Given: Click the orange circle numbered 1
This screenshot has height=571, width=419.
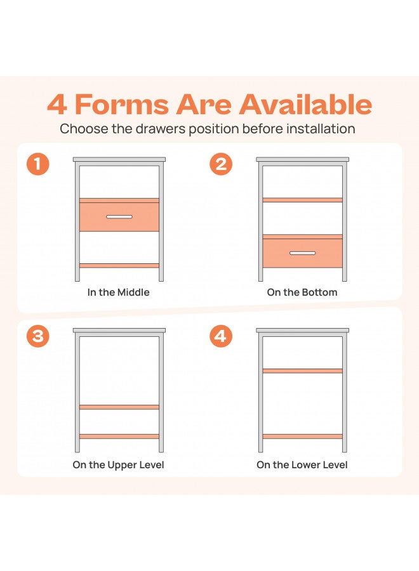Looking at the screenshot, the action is click(x=38, y=164).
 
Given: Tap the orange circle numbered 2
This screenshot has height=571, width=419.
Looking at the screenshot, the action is click(x=221, y=164).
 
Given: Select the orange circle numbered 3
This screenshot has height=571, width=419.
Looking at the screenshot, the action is click(x=38, y=336).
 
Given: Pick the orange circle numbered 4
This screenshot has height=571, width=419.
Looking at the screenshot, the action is click(x=221, y=336).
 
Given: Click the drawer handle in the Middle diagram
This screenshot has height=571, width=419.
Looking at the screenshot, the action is click(x=119, y=217).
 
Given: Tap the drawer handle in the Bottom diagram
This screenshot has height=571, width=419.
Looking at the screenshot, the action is click(x=302, y=253).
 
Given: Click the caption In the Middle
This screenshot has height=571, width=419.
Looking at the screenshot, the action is click(x=119, y=292).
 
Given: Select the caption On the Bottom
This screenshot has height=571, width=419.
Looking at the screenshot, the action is click(x=302, y=292).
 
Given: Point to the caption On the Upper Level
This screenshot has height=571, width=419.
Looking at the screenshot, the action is click(x=119, y=465).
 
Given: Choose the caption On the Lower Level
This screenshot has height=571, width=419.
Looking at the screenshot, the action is click(x=302, y=465).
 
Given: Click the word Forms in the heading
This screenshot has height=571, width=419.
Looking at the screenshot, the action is click(x=122, y=104).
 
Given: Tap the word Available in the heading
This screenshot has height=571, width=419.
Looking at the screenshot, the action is click(x=305, y=104).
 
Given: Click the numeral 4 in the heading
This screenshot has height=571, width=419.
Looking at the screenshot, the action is click(x=57, y=105).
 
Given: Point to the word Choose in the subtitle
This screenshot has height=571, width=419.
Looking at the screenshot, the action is click(x=84, y=129).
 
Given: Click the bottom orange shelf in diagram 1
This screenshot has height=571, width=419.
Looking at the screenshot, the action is click(x=119, y=265).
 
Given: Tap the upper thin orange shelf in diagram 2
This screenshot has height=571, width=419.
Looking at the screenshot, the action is click(x=302, y=200).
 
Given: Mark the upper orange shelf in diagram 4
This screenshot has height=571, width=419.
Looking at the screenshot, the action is click(x=302, y=371).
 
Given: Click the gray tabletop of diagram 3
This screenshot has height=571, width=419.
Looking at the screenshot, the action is click(x=119, y=331).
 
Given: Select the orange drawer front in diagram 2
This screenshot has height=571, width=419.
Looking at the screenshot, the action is click(x=302, y=253).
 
